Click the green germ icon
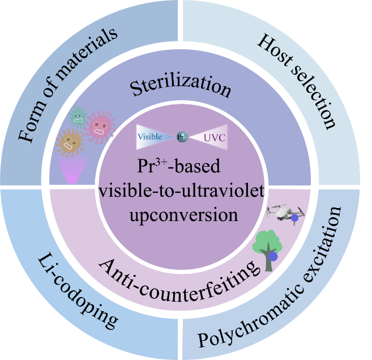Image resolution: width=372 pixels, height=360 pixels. click(78, 118)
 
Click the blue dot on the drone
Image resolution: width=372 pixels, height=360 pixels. click(294, 218)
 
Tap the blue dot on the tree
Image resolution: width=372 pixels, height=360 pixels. click(273, 256)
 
